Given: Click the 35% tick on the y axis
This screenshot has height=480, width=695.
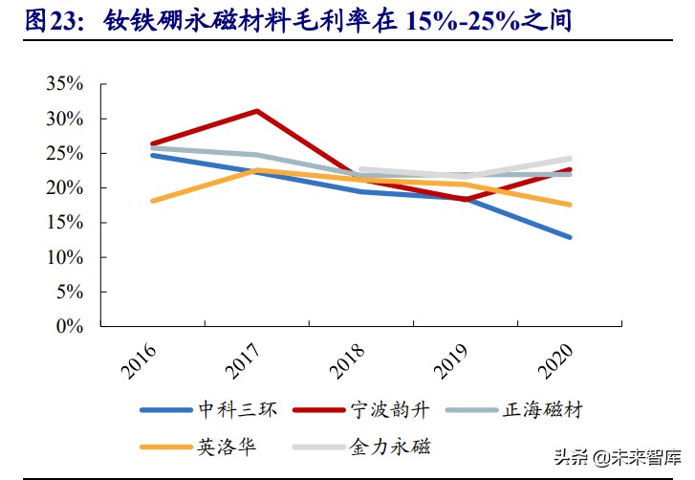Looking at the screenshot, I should (x=65, y=84).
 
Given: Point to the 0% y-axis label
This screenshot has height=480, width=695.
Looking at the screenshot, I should (x=70, y=326).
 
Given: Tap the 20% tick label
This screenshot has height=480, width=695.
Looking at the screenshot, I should (x=65, y=188).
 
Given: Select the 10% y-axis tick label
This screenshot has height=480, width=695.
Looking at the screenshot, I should (x=65, y=257).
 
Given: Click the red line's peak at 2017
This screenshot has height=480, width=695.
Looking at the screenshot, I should (x=257, y=111).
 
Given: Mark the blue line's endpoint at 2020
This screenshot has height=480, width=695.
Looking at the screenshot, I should (x=570, y=237).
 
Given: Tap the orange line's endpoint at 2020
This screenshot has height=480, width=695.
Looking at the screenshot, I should (x=570, y=205).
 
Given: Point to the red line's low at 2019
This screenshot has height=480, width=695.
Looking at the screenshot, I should (x=467, y=200).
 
